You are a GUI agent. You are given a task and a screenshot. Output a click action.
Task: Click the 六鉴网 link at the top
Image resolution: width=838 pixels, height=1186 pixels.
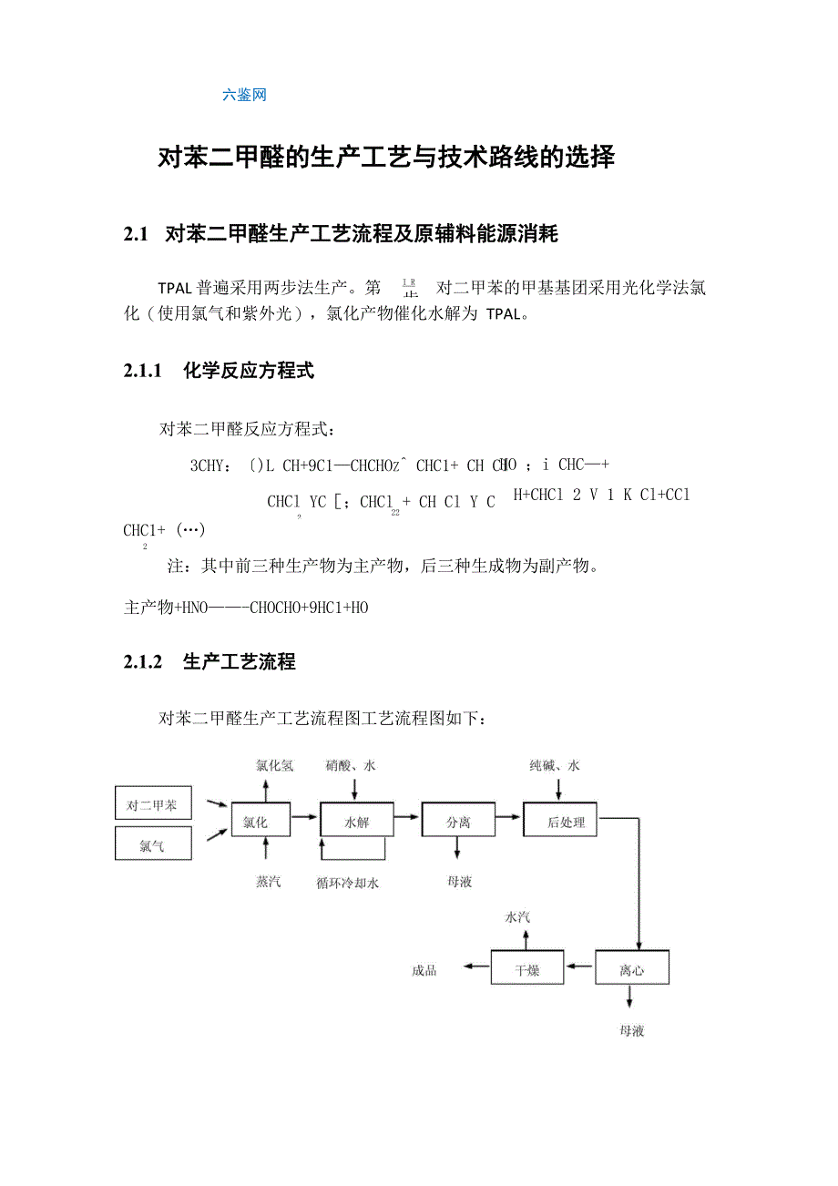click(244, 95)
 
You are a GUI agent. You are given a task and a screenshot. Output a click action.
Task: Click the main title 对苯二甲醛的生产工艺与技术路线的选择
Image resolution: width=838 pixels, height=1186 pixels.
click(387, 158)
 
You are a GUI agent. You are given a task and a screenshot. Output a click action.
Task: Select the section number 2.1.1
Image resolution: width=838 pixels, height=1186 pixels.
click(142, 371)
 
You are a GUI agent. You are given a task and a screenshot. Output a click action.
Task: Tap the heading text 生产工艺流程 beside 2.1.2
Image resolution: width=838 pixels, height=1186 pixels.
click(240, 662)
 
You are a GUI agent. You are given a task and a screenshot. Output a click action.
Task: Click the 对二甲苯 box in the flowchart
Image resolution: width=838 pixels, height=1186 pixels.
click(152, 805)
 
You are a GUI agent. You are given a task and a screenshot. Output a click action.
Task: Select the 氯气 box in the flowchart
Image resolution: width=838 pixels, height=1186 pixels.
click(152, 844)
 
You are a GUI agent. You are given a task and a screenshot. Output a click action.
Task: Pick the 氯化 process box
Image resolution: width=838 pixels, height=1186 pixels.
click(261, 822)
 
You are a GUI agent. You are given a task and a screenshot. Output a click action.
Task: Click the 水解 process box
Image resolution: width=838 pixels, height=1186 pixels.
click(356, 822)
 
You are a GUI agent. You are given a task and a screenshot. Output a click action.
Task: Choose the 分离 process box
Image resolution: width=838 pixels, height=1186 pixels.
click(458, 822)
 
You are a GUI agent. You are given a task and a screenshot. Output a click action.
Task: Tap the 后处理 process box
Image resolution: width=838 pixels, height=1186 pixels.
click(566, 822)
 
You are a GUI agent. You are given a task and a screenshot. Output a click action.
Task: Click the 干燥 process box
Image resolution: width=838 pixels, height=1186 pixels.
click(527, 969)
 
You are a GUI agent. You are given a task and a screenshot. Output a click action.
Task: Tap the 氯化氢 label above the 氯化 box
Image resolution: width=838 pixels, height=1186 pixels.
click(274, 766)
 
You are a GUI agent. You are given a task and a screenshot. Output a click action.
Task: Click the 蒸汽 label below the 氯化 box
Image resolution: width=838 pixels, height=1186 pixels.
click(269, 882)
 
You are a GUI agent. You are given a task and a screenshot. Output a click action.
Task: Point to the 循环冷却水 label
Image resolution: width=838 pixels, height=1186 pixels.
click(348, 883)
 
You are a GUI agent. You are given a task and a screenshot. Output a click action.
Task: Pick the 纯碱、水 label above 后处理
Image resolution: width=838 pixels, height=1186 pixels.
click(555, 766)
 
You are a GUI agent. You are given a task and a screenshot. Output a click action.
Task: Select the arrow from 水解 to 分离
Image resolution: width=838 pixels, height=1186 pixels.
click(407, 807)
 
